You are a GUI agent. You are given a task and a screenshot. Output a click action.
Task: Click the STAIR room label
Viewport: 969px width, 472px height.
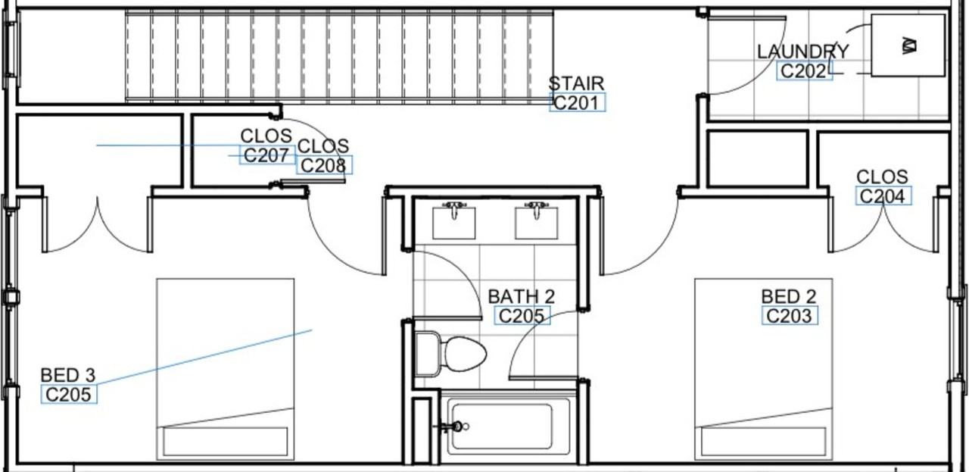pyautogui.click(x=576, y=83)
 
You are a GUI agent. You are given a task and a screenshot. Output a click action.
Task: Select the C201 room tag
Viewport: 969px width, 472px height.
pyautogui.click(x=577, y=103)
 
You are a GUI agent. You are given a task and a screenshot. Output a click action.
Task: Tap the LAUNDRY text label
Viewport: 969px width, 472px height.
pyautogui.click(x=802, y=52)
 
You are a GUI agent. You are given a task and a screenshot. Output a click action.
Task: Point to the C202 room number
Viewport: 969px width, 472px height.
pyautogui.click(x=804, y=71)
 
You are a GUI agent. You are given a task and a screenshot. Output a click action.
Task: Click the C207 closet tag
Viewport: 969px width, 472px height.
pyautogui.click(x=266, y=155)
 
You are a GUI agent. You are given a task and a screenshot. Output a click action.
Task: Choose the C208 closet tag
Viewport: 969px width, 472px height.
pyautogui.click(x=324, y=165)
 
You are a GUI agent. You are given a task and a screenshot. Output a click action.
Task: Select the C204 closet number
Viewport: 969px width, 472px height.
pyautogui.click(x=883, y=196)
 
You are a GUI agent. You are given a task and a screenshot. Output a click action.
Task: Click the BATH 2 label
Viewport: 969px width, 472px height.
pyautogui.click(x=521, y=296)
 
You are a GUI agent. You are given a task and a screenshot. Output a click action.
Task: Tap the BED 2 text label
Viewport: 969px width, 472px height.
pyautogui.click(x=789, y=296)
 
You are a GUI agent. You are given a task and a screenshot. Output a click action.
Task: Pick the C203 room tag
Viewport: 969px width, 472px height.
pyautogui.click(x=790, y=315)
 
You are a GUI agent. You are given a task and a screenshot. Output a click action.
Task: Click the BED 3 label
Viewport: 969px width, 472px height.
pyautogui.click(x=68, y=375)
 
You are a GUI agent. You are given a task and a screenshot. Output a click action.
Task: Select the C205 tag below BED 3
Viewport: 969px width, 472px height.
pyautogui.click(x=69, y=394)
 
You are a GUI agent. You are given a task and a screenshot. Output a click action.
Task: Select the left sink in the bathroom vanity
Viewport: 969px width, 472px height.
pyautogui.click(x=453, y=221)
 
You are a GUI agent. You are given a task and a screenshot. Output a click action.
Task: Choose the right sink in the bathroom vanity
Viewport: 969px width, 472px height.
pyautogui.click(x=536, y=221)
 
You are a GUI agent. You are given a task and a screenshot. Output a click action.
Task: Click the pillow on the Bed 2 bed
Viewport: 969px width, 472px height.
pyautogui.click(x=764, y=441)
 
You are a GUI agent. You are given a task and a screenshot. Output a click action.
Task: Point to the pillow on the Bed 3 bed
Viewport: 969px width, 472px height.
pyautogui.click(x=226, y=441)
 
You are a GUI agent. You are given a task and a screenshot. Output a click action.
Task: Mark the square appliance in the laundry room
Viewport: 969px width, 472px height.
pyautogui.click(x=908, y=45)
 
